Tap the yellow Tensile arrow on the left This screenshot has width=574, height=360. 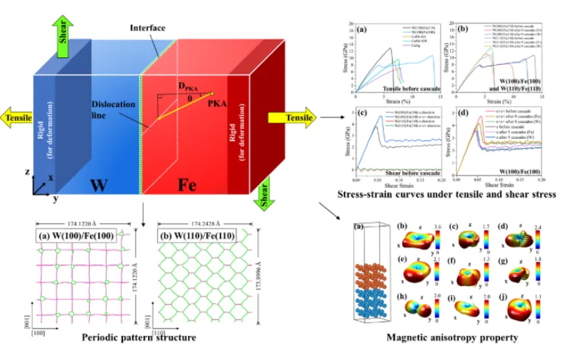(x=19, y=117)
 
